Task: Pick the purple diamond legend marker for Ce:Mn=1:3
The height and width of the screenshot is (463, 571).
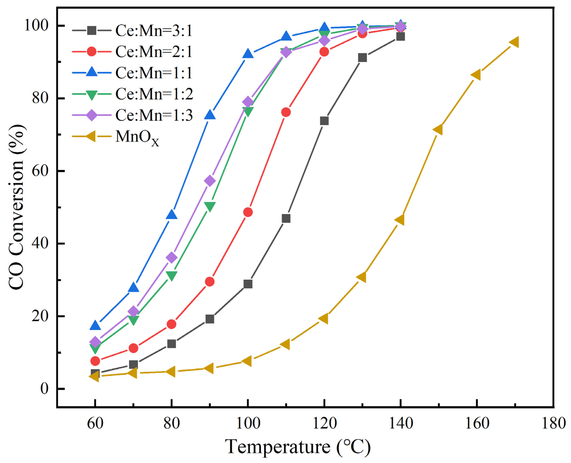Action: (x=92, y=115)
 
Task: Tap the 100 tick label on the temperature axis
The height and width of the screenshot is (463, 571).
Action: (x=248, y=423)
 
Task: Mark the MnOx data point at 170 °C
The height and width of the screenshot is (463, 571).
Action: (x=514, y=42)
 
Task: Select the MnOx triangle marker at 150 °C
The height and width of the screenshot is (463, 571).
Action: (x=438, y=130)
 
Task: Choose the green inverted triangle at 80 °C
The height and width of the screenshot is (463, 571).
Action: (x=172, y=275)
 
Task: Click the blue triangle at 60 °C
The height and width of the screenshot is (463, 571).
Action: (x=95, y=326)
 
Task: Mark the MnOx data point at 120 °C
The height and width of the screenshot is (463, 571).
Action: (x=324, y=319)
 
